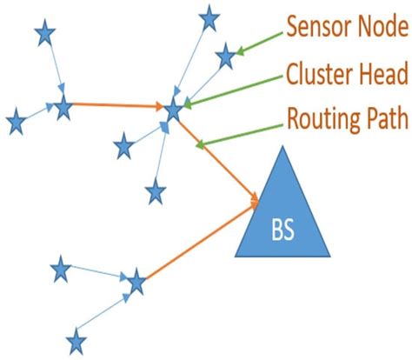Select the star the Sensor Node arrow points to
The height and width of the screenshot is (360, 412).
pos(226,57)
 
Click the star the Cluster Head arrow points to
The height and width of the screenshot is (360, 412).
pos(174,109)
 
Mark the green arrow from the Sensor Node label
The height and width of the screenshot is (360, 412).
pos(260,44)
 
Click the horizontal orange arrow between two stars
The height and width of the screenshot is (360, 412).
pos(117,107)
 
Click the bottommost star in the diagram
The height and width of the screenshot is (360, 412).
pos(76,340)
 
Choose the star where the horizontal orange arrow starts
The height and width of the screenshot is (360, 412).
pos(63,109)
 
